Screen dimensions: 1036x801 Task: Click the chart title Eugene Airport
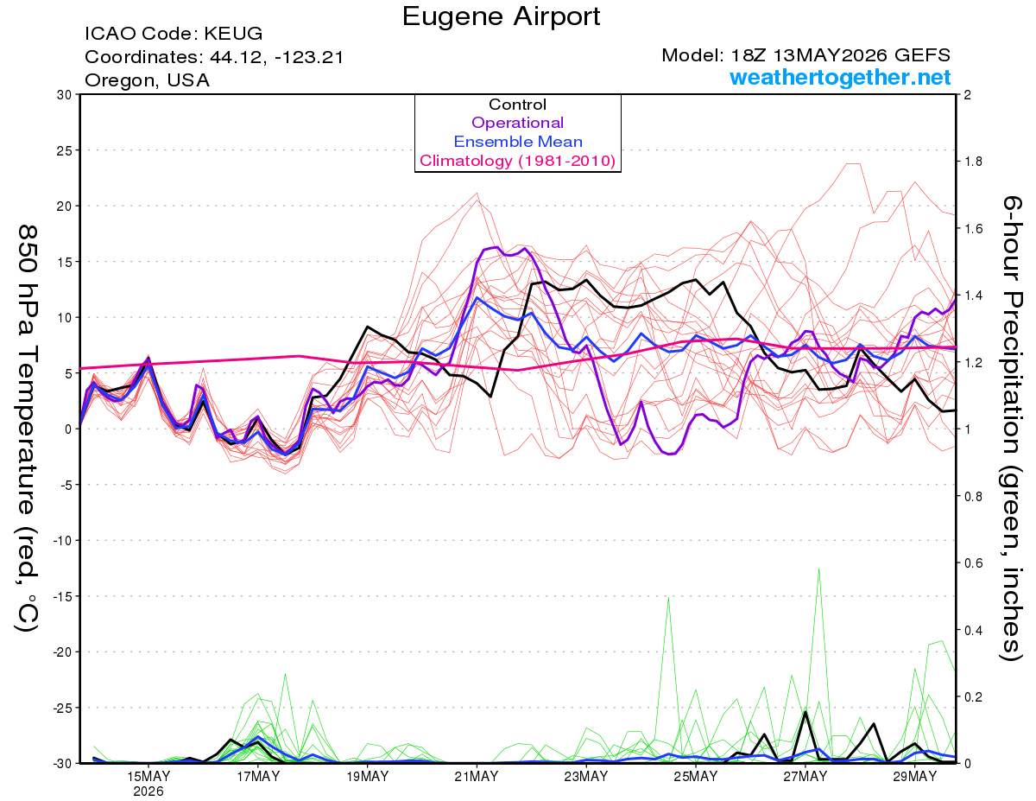click(x=501, y=17)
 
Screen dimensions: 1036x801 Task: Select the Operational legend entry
click(x=517, y=123)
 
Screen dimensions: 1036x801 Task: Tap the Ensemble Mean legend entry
click(x=518, y=142)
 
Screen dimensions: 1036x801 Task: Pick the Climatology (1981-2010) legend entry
click(x=517, y=161)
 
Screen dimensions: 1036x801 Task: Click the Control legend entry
click(x=517, y=105)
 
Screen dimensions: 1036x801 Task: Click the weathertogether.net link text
click(x=840, y=77)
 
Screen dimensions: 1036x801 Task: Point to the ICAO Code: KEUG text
click(x=174, y=34)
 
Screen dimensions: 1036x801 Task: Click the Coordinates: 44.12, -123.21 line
click(x=214, y=57)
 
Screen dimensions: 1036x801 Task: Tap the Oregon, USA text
click(x=147, y=80)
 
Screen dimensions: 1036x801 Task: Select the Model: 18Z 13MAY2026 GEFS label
click(x=805, y=55)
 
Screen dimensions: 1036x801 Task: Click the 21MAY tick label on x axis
click(x=477, y=777)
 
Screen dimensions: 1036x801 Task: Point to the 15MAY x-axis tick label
click(x=148, y=777)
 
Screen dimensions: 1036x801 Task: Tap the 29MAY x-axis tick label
click(x=914, y=777)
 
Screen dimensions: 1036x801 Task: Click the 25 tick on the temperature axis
click(x=64, y=150)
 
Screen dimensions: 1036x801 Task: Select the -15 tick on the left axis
click(x=61, y=596)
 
